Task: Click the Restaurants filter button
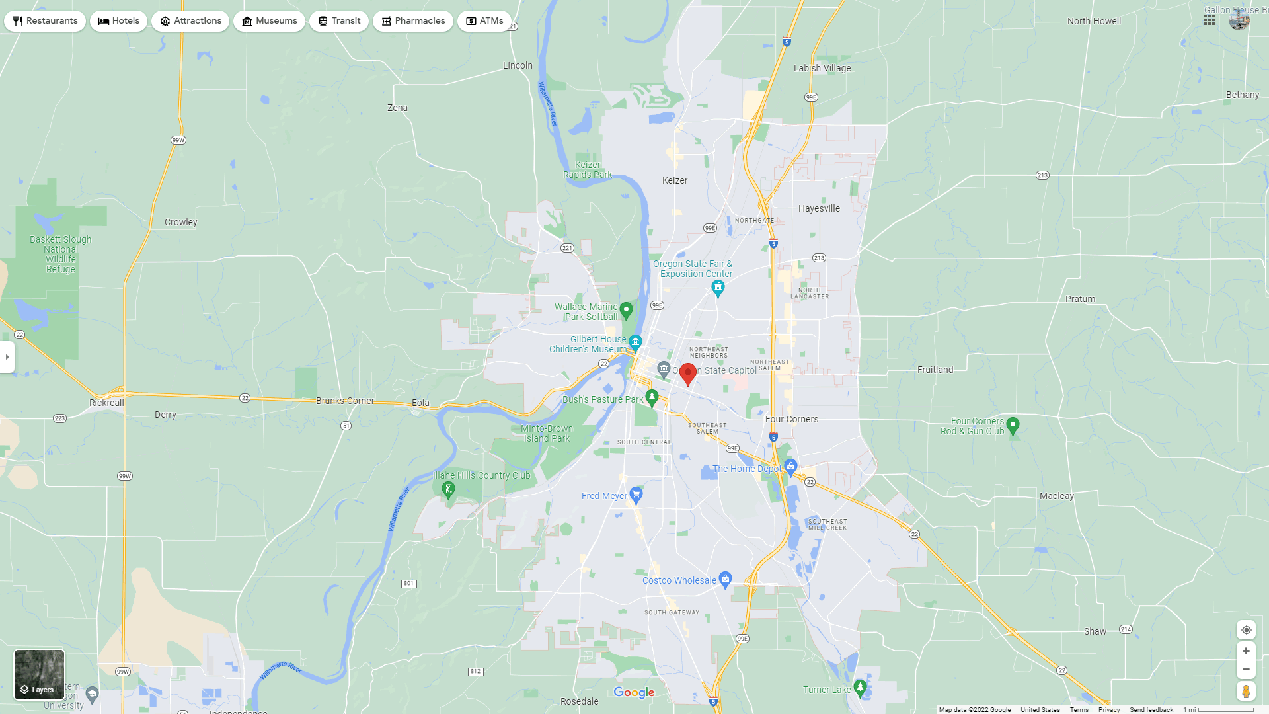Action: pos(45,21)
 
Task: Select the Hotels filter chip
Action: pos(119,21)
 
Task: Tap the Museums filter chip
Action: pos(269,21)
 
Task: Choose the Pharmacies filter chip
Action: pos(413,21)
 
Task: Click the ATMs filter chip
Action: pos(484,21)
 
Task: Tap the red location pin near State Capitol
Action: pos(688,374)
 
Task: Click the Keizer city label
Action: pos(675,180)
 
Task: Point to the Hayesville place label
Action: pos(819,208)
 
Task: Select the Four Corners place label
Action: pos(792,419)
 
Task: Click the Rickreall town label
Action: pos(106,403)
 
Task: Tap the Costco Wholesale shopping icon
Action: pos(725,580)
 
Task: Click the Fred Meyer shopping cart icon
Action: pos(636,495)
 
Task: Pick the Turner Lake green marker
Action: pos(860,688)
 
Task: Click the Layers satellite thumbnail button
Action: pos(40,674)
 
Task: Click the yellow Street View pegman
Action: pos(1246,692)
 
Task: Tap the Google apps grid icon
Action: pos(1210,20)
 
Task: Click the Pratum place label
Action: pos(1080,299)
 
